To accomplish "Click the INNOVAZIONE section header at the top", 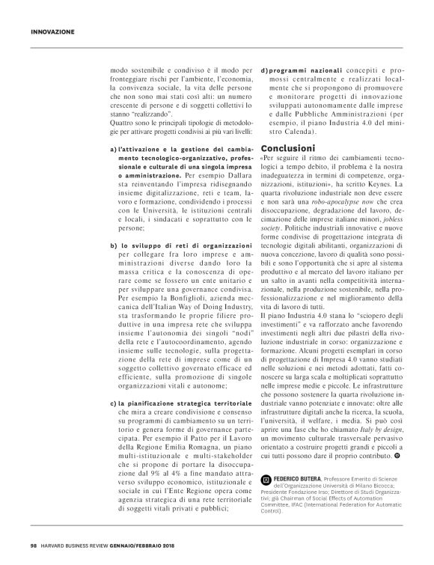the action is click(x=52, y=31).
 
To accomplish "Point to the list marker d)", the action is click(x=266, y=70).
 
